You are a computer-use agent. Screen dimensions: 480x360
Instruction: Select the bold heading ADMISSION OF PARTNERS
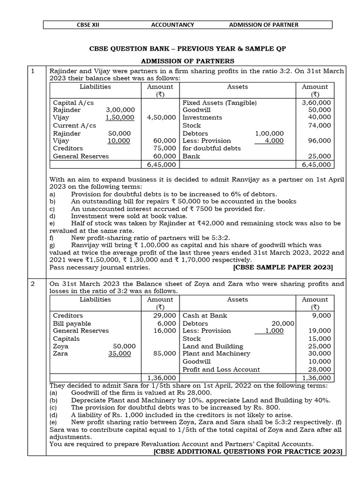tap(187, 61)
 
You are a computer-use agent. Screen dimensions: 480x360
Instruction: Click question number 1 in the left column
tap(33, 71)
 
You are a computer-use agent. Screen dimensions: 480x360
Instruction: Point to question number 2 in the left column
tap(33, 284)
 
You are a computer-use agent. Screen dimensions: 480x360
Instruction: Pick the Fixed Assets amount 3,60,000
tap(316, 102)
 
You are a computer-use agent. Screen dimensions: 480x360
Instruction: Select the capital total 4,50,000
tap(161, 118)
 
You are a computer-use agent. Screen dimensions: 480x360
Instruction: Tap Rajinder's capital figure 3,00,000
tap(120, 110)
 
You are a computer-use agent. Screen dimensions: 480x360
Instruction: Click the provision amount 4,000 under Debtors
tap(274, 141)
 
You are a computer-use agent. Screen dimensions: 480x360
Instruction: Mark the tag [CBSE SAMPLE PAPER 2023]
tap(283, 267)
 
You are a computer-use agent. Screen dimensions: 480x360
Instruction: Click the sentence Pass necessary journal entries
tap(100, 267)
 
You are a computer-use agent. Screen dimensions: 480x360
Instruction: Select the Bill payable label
tap(72, 323)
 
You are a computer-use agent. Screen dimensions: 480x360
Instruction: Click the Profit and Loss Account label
tap(221, 369)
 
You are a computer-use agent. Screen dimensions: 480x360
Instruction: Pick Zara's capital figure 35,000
tap(120, 354)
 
